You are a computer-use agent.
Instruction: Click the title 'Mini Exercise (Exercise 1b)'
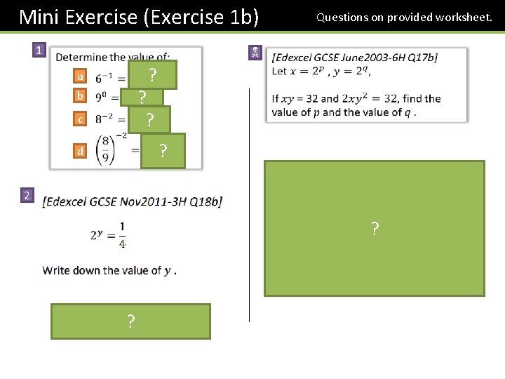pyautogui.click(x=138, y=16)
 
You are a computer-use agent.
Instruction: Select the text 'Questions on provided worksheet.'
pyautogui.click(x=404, y=17)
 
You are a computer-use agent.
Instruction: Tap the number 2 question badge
pyautogui.click(x=26, y=194)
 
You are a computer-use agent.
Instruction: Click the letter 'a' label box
pyautogui.click(x=81, y=77)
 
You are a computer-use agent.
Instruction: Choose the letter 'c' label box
pyautogui.click(x=81, y=119)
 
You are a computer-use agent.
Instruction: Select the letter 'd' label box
pyautogui.click(x=81, y=150)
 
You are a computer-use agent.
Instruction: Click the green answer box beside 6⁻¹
pyautogui.click(x=152, y=74)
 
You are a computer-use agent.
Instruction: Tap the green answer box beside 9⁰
pyautogui.click(x=142, y=97)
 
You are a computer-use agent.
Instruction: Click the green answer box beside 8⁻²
pyautogui.click(x=149, y=119)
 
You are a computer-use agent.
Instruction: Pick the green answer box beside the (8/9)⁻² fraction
pyautogui.click(x=163, y=151)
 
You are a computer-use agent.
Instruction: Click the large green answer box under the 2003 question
pyautogui.click(x=375, y=229)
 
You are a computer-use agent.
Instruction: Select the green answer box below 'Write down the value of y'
pyautogui.click(x=130, y=321)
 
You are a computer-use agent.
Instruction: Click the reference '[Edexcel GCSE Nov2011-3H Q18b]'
pyautogui.click(x=133, y=202)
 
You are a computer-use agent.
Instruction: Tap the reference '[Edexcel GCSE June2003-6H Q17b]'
pyautogui.click(x=354, y=58)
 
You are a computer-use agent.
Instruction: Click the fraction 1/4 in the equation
pyautogui.click(x=122, y=234)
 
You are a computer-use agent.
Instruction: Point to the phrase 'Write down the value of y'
pyautogui.click(x=109, y=270)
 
